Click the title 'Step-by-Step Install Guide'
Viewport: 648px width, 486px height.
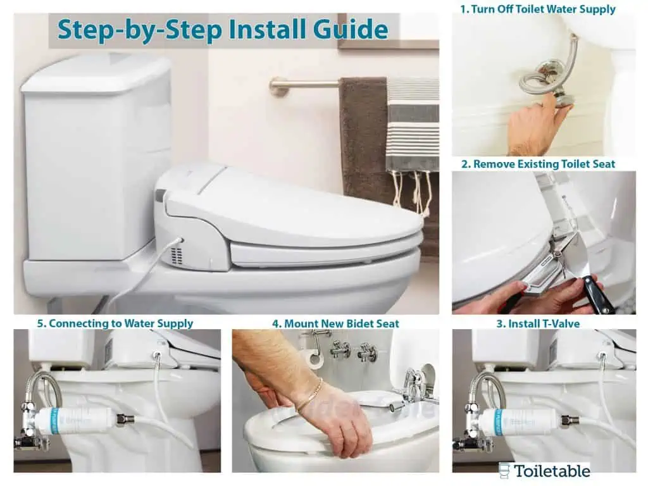coord(223,30)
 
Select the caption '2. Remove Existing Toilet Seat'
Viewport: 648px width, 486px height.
coord(538,164)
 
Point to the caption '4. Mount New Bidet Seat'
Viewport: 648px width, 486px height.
coord(335,323)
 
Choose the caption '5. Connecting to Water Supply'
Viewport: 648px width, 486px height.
coord(115,323)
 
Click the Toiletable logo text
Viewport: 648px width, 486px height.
coord(551,471)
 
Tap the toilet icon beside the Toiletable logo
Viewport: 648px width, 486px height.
coord(504,470)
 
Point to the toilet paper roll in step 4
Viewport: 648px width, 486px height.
coord(311,359)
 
